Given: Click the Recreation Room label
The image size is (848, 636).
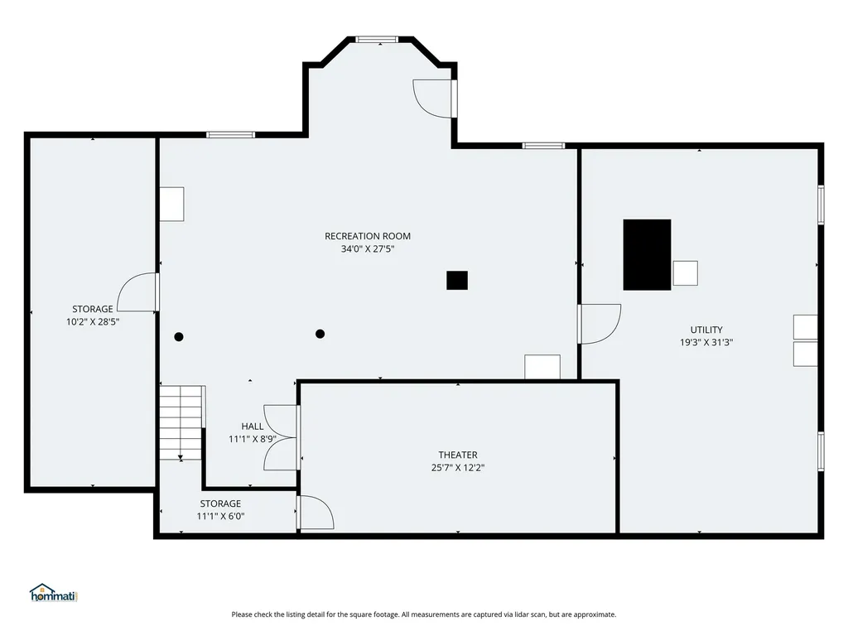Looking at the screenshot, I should pos(367,236).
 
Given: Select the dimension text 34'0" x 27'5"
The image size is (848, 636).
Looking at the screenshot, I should pos(367,248).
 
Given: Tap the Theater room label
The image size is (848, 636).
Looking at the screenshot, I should pos(458,455).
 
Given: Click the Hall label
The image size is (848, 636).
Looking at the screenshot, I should pos(253,426).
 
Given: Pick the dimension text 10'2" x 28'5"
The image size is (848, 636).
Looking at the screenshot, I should pos(92,321).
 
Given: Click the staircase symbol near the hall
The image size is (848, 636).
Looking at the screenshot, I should pos(181,422).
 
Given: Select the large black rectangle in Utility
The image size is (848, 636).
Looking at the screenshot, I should pos(647,254).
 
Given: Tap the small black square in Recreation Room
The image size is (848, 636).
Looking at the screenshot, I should pos(457,281).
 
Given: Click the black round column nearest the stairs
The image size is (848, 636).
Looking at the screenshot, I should pos(179,336).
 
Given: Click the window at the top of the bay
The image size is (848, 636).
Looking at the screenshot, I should pos(377,39).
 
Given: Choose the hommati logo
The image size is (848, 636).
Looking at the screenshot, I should pos(52,593).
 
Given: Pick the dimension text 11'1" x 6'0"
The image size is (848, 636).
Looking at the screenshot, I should pos(220,516).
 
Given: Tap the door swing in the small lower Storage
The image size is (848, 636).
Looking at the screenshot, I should pos(316,513).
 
